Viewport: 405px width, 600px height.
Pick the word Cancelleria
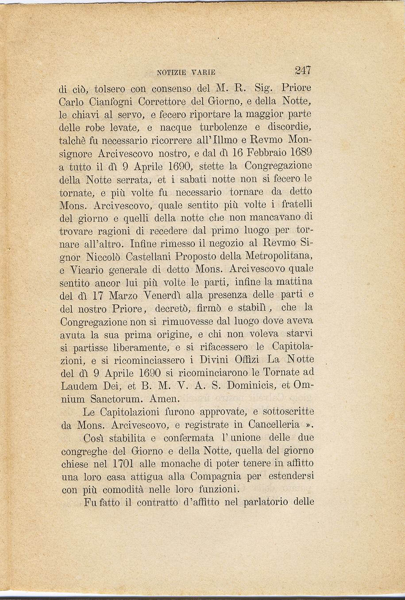274,424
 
